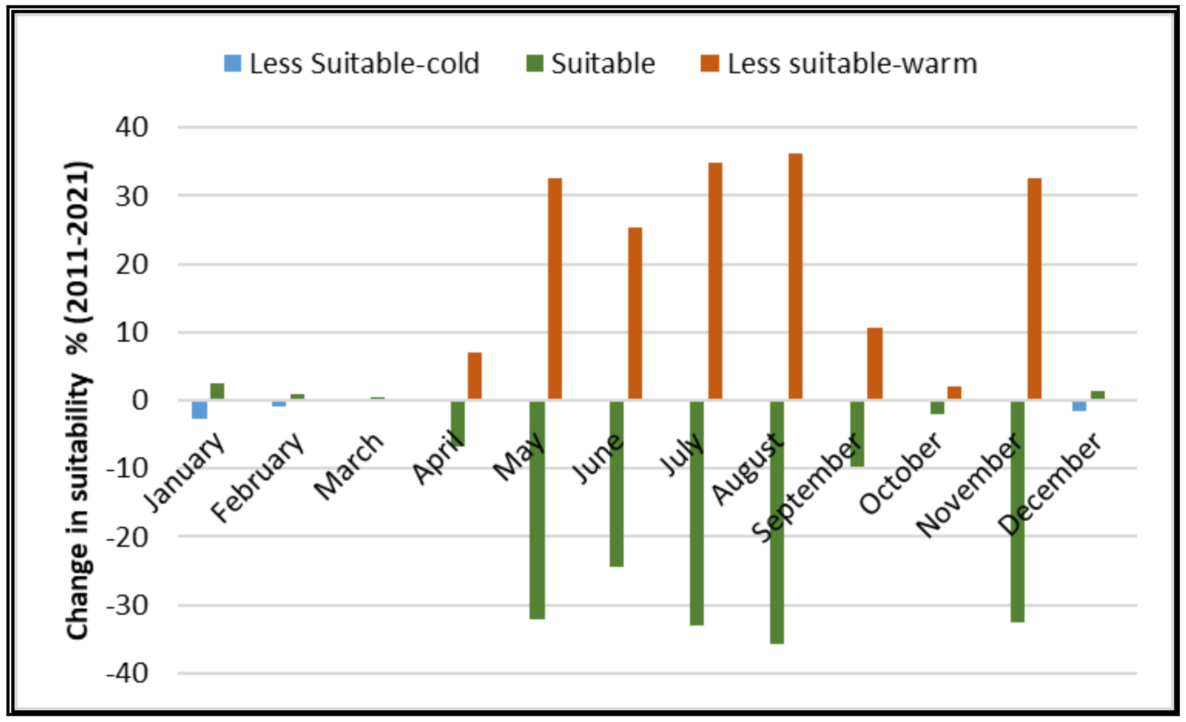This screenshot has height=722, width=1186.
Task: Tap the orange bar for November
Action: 1034,288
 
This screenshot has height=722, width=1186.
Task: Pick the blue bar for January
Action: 199,410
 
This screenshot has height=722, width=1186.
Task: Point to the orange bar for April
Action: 475,376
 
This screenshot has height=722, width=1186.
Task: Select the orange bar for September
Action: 875,364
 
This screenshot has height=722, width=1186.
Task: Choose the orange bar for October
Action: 954,393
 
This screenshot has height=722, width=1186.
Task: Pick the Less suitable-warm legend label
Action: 852,64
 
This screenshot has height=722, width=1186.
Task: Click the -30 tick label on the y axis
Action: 128,605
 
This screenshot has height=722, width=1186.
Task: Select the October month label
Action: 901,473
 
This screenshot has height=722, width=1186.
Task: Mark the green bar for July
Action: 696,513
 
